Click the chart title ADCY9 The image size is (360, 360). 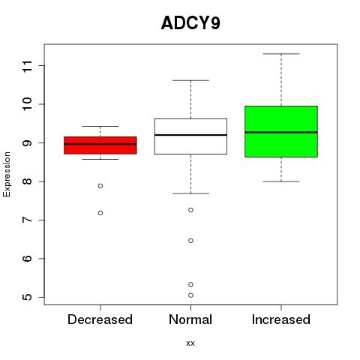point(190,23)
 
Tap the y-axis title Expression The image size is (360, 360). point(7,174)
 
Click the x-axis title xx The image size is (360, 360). point(190,343)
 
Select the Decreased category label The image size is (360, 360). point(100,319)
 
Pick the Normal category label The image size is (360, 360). point(190,319)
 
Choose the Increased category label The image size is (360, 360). point(281,319)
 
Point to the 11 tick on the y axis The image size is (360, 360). point(28,66)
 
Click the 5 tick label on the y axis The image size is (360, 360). point(28,297)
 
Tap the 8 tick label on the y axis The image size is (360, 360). point(28,181)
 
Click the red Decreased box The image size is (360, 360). point(100,145)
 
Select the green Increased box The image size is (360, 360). point(281,131)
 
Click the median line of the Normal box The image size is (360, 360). point(190,135)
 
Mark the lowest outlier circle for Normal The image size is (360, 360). point(190,295)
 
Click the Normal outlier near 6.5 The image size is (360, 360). point(190,241)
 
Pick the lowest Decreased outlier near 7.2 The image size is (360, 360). point(100,213)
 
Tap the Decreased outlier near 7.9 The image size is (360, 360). point(100,186)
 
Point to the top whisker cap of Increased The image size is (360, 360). point(281,54)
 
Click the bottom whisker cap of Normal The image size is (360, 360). point(190,193)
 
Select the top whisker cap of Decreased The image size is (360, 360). point(100,126)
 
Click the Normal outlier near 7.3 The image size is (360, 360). point(190,210)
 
